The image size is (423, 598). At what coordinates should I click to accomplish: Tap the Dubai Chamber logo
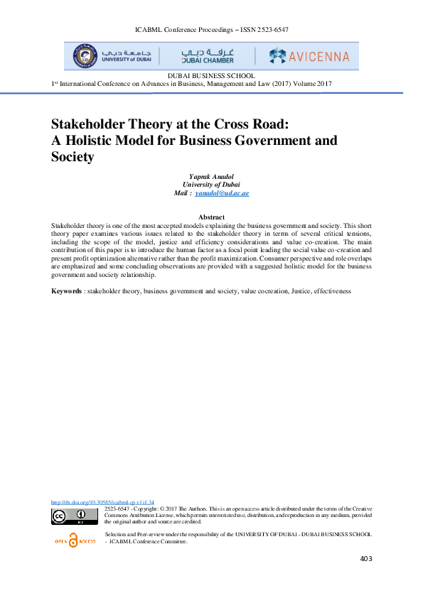(208, 55)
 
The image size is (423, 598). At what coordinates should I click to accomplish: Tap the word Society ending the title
(73, 157)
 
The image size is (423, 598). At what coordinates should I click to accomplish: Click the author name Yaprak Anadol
(211, 176)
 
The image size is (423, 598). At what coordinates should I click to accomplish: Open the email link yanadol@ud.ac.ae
(222, 193)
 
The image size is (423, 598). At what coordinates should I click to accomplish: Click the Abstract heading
(211, 217)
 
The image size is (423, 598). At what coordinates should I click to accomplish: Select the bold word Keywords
(66, 292)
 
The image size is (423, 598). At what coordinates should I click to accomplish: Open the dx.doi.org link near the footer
(103, 501)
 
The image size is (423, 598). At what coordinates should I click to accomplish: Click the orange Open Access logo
(75, 540)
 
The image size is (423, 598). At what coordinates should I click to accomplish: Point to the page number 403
(366, 559)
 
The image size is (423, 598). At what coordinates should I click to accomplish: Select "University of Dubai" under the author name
(211, 185)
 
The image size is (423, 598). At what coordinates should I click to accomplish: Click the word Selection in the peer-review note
(117, 533)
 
